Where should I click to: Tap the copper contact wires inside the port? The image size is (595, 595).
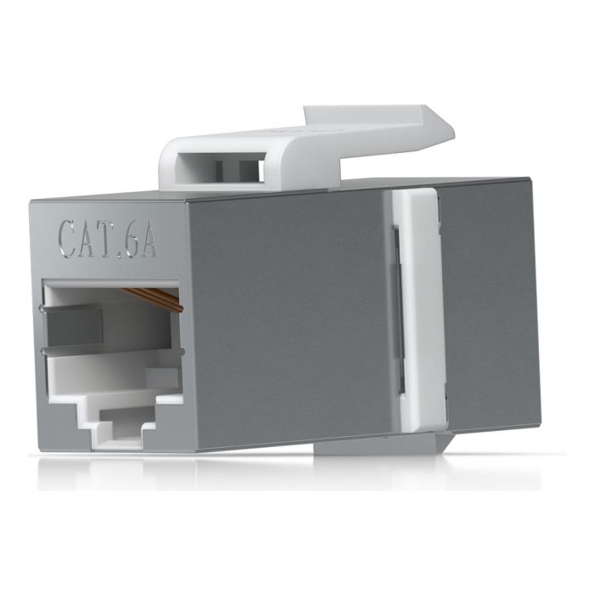(x=154, y=298)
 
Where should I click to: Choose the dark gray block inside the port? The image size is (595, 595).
(x=71, y=327)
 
